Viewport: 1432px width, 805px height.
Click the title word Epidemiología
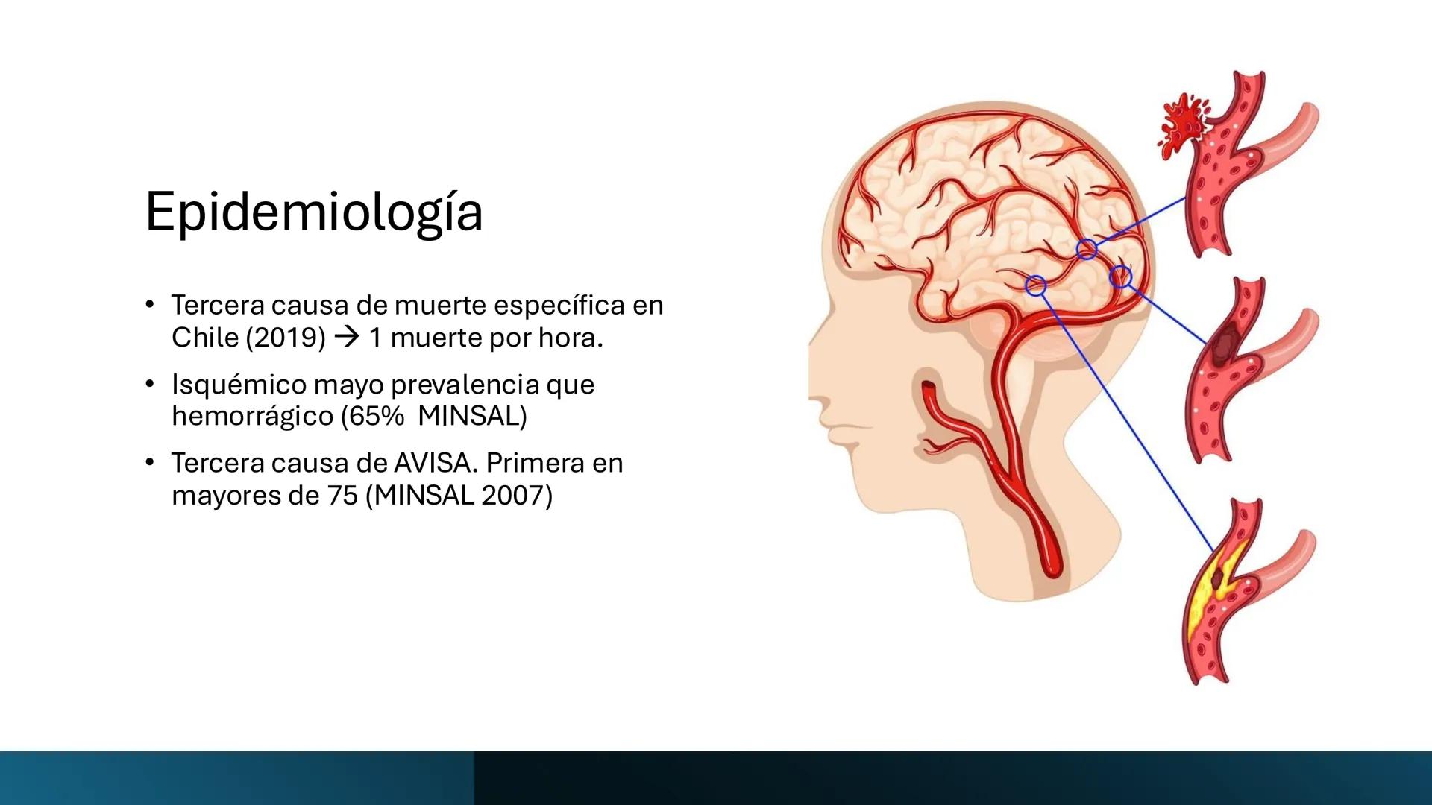(x=314, y=213)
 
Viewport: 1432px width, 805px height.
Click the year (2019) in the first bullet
(x=286, y=338)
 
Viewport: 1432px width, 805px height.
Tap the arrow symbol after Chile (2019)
(x=348, y=338)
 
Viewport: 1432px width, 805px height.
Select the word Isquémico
(x=238, y=385)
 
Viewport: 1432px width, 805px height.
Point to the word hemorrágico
(x=251, y=417)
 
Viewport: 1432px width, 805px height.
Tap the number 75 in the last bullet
(x=342, y=495)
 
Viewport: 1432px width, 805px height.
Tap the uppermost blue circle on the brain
(x=1087, y=249)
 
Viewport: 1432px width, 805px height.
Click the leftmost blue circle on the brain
(x=1036, y=285)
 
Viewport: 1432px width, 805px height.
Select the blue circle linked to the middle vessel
(x=1120, y=277)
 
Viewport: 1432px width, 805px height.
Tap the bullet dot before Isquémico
(x=150, y=385)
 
